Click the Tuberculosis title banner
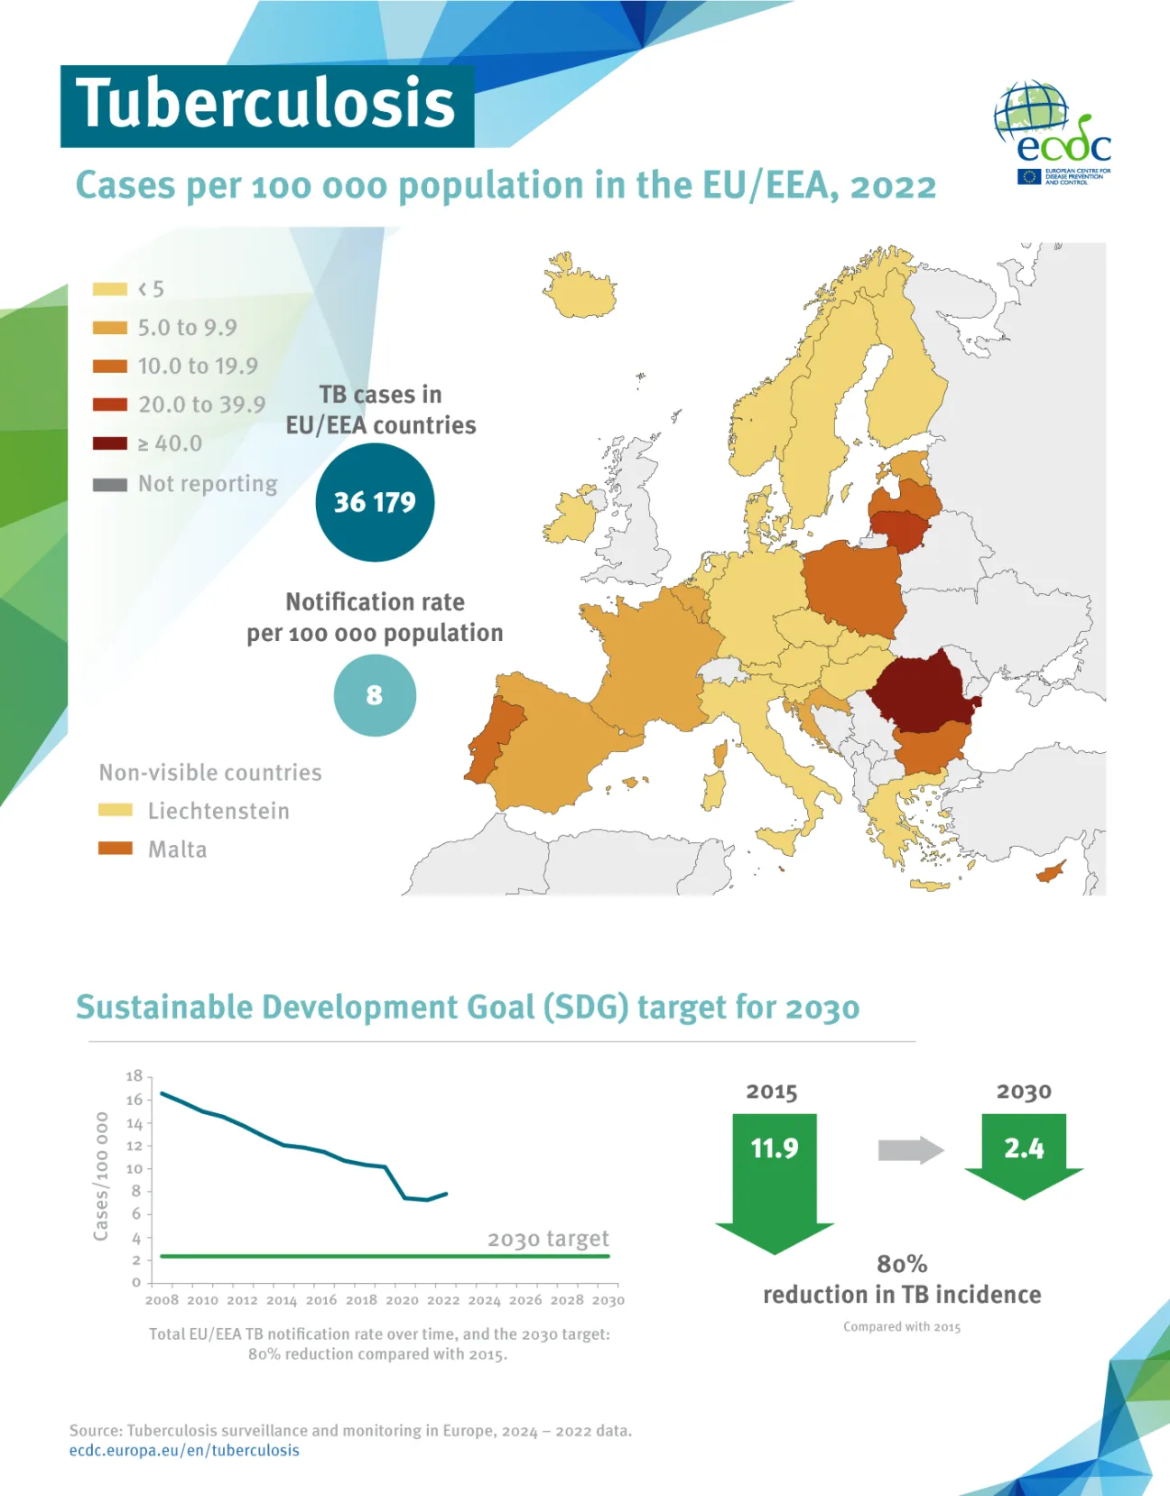click(x=266, y=105)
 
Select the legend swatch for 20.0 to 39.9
click(x=109, y=404)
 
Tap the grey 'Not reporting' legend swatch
click(x=109, y=485)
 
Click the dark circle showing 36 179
click(x=375, y=502)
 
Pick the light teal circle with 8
click(x=375, y=695)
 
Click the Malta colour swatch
click(x=116, y=849)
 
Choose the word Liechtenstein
click(x=218, y=811)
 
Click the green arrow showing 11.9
click(x=775, y=1174)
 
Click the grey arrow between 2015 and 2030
click(x=910, y=1150)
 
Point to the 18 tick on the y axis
click(x=135, y=1076)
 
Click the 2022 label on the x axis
click(x=442, y=1300)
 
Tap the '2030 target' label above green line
click(x=548, y=1239)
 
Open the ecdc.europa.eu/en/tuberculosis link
click(x=184, y=1451)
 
